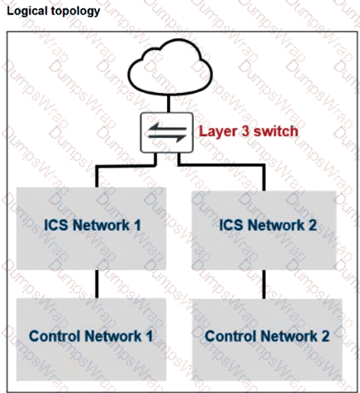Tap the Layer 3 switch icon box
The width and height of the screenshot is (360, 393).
tap(167, 133)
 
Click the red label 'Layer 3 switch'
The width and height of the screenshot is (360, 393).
tap(249, 131)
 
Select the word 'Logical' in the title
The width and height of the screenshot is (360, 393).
tap(27, 12)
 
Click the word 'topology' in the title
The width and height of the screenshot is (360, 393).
tap(75, 12)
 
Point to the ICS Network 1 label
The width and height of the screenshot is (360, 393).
tap(92, 224)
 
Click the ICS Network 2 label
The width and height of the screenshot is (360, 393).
tap(268, 224)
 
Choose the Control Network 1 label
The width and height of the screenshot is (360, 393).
tap(91, 336)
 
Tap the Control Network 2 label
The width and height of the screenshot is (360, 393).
tap(267, 336)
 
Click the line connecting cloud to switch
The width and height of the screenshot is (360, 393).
tap(169, 104)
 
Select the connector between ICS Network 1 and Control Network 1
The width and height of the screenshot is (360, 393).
tap(96, 283)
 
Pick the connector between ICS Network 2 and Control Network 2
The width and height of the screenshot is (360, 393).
tap(264, 284)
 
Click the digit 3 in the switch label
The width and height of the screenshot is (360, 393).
tap(245, 131)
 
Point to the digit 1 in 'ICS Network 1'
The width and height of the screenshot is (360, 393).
tap(137, 224)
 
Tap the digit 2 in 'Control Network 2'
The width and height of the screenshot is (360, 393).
tap(325, 336)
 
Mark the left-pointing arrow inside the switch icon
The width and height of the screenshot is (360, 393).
tap(167, 128)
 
